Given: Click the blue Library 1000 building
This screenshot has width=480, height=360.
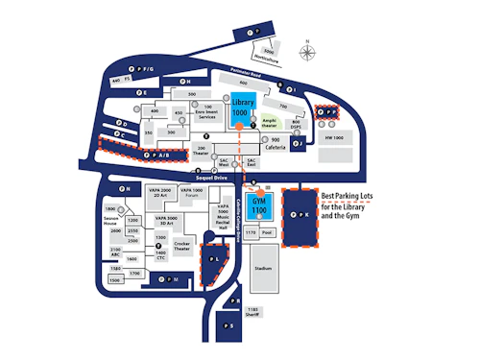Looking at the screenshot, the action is coord(240,107).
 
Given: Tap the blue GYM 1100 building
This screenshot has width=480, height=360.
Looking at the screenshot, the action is coord(259,205).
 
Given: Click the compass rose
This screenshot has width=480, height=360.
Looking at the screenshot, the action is coord(307,51).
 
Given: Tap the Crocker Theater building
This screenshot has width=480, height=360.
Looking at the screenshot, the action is coord(182,247).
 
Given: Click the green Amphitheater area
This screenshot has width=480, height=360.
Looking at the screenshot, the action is coord(270,120).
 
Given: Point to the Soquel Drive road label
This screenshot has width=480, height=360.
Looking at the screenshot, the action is coord(212,178).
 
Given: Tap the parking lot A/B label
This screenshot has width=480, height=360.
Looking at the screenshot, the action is coord(158,155).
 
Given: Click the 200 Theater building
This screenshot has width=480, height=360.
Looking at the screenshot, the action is coord(201,151).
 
